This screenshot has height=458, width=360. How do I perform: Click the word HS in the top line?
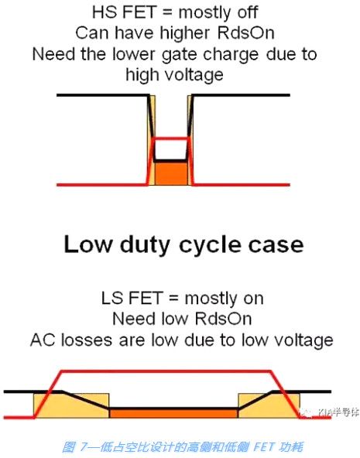coord(103,13)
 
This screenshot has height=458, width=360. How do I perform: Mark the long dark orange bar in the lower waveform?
coord(174,413)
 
